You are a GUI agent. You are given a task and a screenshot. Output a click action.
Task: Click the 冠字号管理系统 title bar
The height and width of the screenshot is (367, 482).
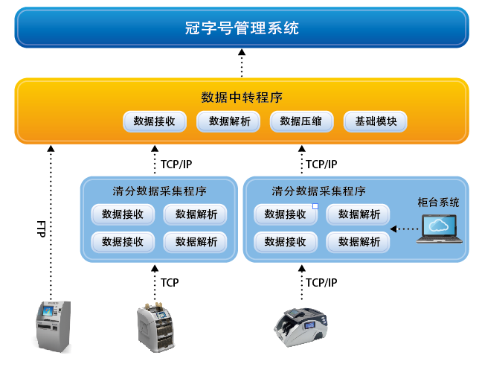coord(241,28)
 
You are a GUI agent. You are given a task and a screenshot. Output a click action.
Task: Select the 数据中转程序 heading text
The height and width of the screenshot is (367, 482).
coord(241,98)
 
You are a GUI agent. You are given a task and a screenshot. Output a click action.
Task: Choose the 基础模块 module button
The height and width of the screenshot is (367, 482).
coord(375,121)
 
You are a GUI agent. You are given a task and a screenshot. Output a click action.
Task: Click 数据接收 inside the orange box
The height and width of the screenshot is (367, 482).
coord(154,121)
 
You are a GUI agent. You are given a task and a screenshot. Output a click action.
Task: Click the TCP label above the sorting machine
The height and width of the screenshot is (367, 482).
coord(170,283)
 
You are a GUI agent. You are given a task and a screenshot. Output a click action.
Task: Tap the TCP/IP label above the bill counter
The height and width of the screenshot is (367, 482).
coord(321,283)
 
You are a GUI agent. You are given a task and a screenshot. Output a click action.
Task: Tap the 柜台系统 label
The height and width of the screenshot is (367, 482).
coord(438,202)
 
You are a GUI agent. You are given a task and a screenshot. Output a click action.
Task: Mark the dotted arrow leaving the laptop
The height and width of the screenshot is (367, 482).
coord(405,228)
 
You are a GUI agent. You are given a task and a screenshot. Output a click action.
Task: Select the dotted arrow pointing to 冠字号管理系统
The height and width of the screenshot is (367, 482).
coord(241,63)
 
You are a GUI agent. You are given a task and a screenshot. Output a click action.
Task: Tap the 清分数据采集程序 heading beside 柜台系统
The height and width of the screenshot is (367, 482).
coord(318,191)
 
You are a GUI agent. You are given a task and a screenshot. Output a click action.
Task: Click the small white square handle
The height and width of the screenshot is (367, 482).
coord(315,205)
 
